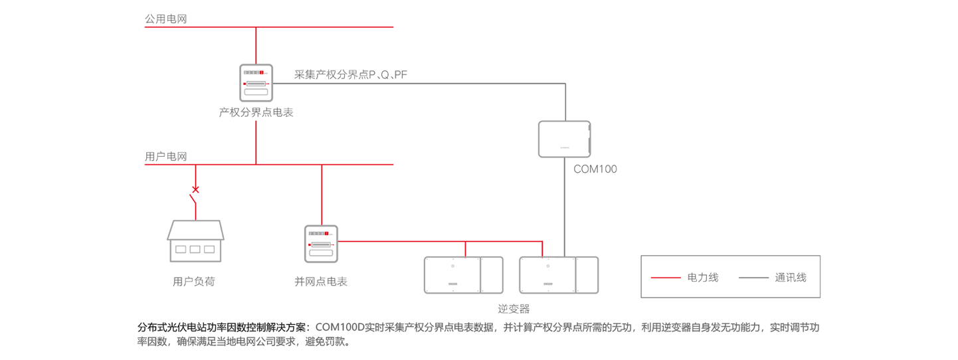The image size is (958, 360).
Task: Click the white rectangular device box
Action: click(564, 139)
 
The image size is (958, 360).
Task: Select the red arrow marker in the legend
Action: click(666, 277)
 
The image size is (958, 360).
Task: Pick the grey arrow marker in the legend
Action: click(751, 277)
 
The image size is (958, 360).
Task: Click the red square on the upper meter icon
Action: click(262, 71)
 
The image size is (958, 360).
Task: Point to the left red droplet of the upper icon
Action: click(244, 84)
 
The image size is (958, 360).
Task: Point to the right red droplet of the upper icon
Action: click(268, 84)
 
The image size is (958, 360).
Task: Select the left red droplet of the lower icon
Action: click(309, 244)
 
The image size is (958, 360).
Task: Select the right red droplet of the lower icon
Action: click(333, 244)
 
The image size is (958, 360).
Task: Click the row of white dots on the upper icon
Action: click(251, 72)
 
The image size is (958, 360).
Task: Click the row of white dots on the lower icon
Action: click(316, 233)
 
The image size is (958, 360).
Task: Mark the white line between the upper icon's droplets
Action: click(256, 85)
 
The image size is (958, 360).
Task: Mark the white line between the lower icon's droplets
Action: click(321, 246)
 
